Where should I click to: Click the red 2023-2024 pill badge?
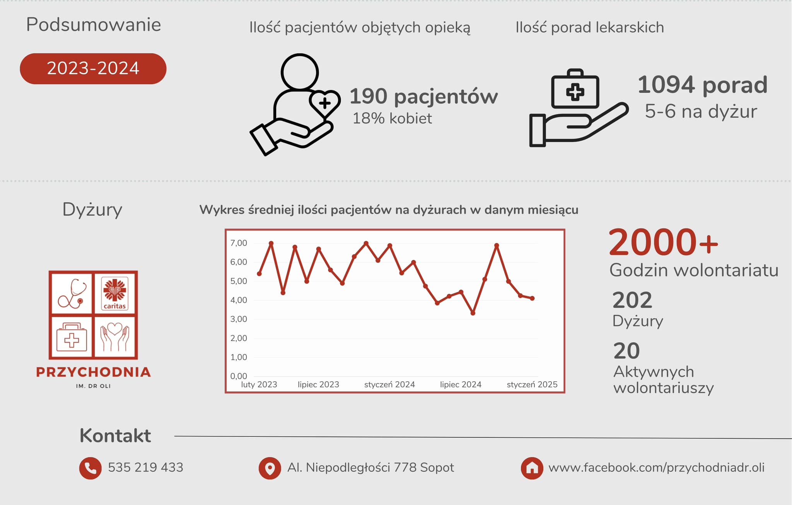93,68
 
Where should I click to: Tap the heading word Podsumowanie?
93,25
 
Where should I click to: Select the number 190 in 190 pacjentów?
369,96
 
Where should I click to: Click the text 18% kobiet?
392,118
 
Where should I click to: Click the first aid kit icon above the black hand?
575,89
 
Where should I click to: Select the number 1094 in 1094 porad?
666,85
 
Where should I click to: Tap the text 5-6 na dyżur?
701,112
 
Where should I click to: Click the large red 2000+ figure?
664,242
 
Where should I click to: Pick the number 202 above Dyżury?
632,300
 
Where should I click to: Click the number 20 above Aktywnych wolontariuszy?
626,351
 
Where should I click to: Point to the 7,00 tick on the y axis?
239,243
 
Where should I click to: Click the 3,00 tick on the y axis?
239,319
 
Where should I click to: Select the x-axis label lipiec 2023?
318,384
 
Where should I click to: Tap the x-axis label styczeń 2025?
532,384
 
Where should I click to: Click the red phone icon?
90,468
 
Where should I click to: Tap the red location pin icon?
270,468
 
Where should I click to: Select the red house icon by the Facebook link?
532,468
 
